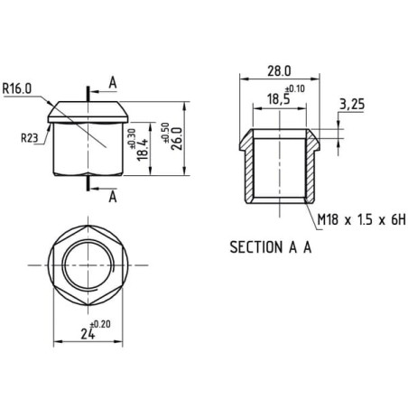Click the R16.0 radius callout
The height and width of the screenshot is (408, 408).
[x=17, y=88]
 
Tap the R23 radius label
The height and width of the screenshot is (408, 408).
[x=30, y=138]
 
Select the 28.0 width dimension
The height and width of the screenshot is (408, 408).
[x=279, y=71]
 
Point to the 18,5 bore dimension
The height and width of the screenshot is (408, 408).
[x=278, y=99]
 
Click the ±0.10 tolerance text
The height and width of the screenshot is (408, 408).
[x=295, y=89]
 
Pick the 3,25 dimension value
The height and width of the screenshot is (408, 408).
[x=352, y=105]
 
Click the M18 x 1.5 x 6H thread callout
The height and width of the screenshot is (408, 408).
[x=362, y=219]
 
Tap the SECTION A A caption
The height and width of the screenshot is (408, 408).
[x=271, y=247]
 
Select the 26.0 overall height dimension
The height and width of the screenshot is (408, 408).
[x=177, y=138]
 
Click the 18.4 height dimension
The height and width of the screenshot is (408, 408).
[x=143, y=150]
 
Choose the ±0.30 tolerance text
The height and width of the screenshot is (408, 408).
[x=133, y=139]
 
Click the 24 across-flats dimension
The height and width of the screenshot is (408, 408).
[x=88, y=334]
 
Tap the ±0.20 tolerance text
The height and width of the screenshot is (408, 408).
[x=100, y=324]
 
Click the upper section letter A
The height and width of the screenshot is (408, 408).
[x=113, y=82]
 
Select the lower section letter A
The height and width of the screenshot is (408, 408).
[x=113, y=197]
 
